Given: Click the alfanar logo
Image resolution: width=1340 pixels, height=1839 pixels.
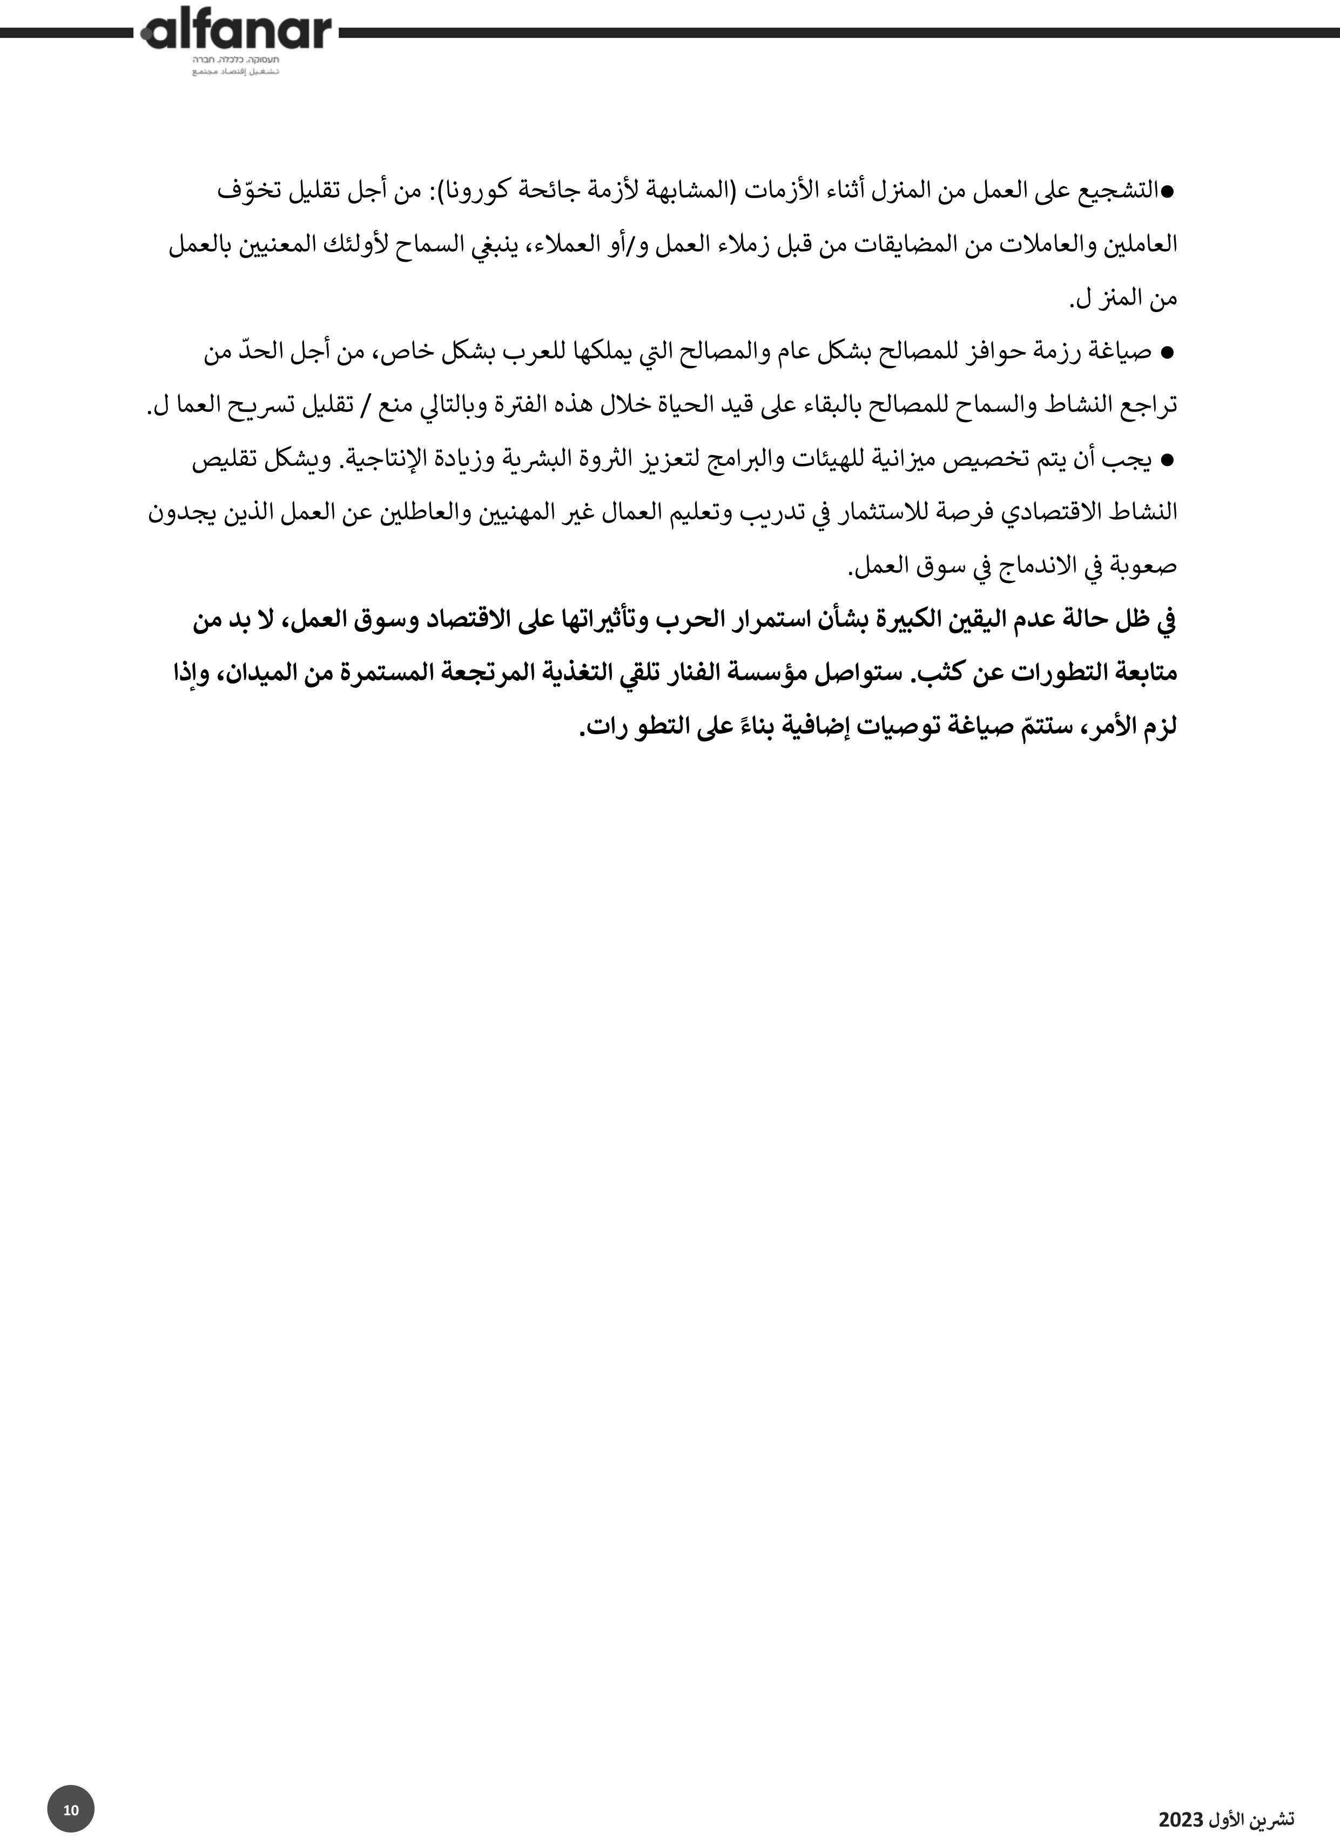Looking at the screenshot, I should tap(236, 32).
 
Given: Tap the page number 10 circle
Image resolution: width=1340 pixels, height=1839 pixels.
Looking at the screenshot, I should tap(71, 1809).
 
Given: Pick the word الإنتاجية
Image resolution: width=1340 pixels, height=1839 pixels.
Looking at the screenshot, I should tap(380, 461).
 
